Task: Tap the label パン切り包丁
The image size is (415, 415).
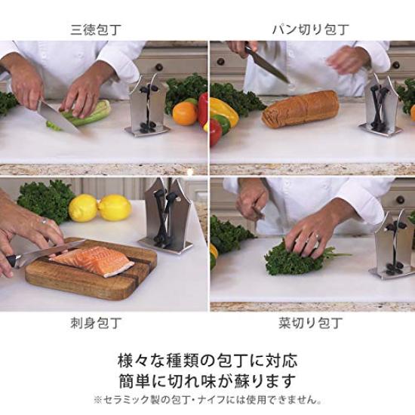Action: coord(306,30)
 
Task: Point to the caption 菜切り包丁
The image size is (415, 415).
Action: coord(310,324)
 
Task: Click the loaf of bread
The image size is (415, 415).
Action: coord(300,109)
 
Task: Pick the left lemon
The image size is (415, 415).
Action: coord(83,207)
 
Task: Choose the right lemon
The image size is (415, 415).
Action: coord(115,207)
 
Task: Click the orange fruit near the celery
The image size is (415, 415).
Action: coord(184,113)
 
